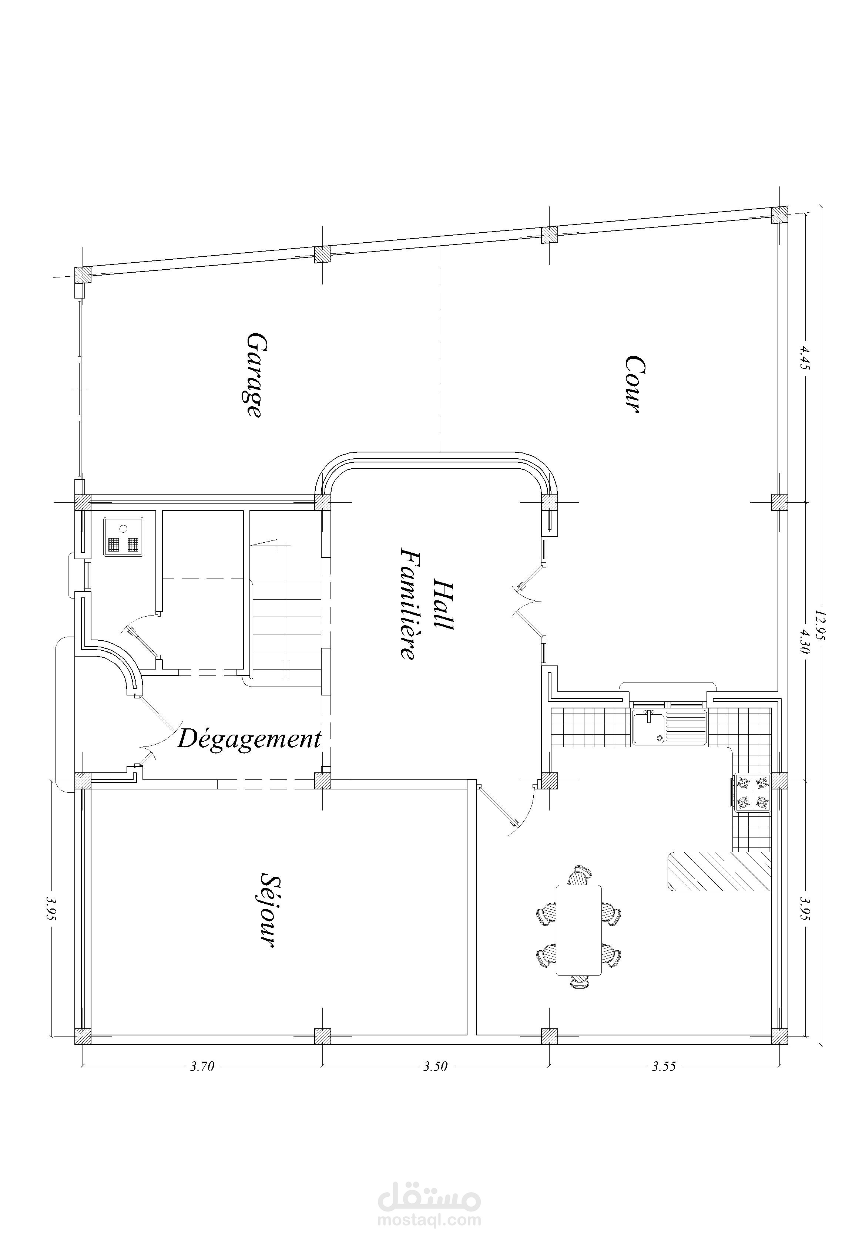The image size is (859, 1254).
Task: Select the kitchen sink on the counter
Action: [x=669, y=727]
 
